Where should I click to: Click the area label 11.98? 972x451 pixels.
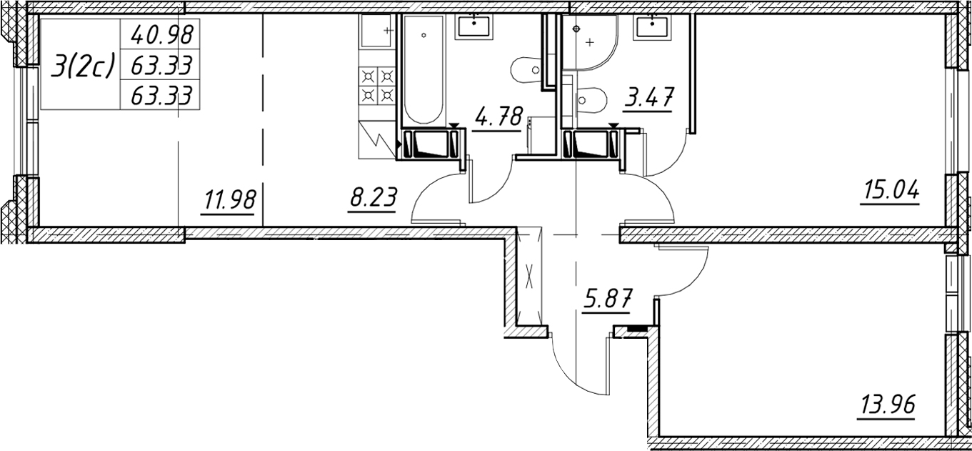point(229,200)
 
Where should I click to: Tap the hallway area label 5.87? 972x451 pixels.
point(607,297)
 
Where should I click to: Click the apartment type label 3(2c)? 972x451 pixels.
point(82,65)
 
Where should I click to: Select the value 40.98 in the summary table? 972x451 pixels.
point(161,34)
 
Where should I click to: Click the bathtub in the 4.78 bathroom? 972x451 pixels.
point(424,69)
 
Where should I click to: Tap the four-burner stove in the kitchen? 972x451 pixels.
point(377,86)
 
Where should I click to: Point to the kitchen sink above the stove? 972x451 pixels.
point(376,30)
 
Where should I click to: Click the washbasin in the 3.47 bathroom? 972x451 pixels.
point(652,27)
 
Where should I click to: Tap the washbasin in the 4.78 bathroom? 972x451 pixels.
point(474,27)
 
